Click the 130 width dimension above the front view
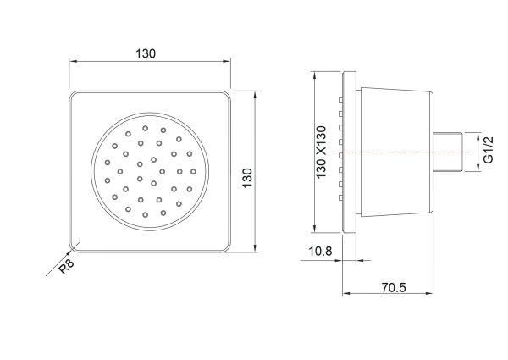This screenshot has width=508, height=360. (x=146, y=53)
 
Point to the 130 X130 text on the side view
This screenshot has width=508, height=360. (x=322, y=151)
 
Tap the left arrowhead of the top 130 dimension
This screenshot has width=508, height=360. (x=71, y=62)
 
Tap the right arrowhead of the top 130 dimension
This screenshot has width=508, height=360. (x=229, y=62)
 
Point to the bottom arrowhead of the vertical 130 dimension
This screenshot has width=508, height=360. (x=255, y=250)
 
